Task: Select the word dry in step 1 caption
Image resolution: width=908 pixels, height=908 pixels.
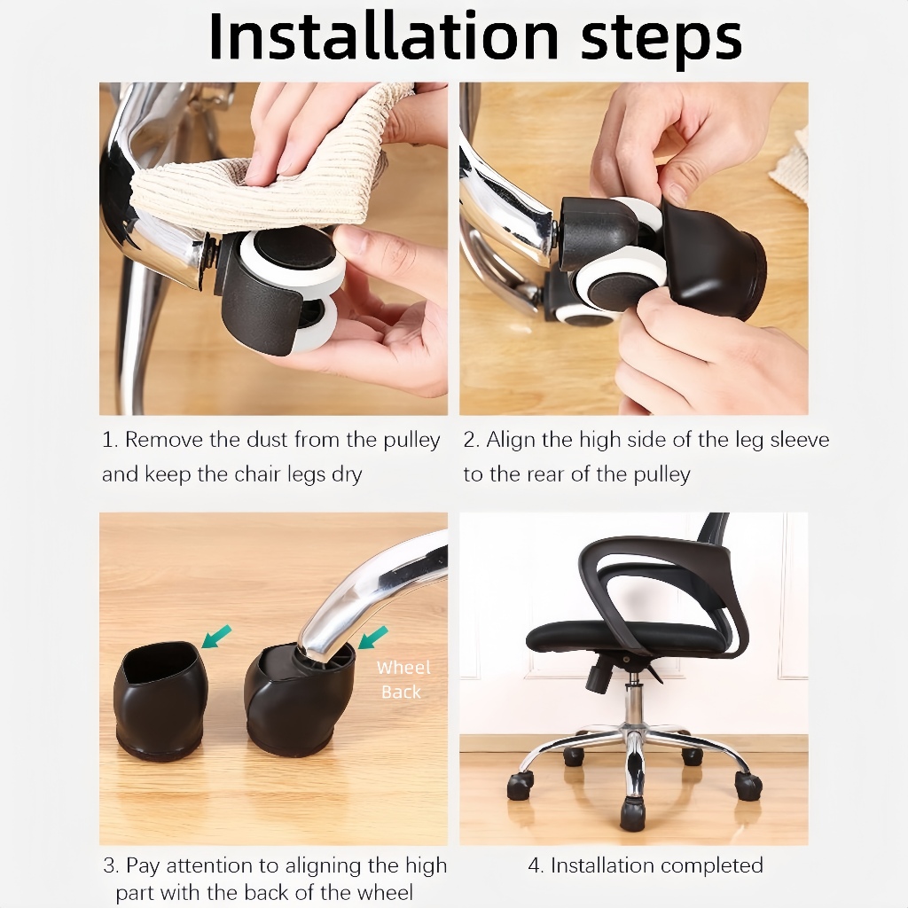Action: [x=347, y=475]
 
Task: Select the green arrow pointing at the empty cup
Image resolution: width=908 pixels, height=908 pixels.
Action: [x=216, y=637]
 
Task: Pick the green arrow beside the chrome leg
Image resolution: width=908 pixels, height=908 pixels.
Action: [x=373, y=638]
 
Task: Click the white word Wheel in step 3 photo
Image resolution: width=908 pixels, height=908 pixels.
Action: [x=403, y=668]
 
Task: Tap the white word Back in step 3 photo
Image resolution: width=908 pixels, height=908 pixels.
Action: [x=402, y=692]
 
